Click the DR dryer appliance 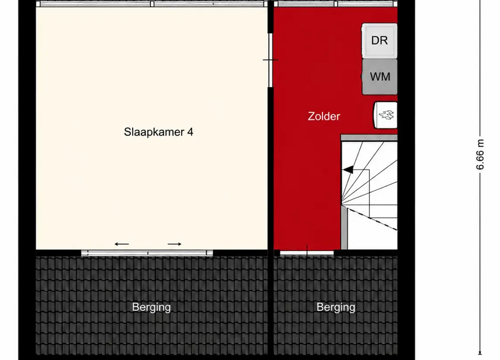[x=379, y=41]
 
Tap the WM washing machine [x=379, y=77]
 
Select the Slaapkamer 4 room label [x=159, y=132]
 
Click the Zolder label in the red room [x=324, y=116]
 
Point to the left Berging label [x=152, y=307]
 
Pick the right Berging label [x=336, y=307]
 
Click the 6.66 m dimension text [x=480, y=154]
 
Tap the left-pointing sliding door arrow [x=122, y=244]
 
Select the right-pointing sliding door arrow [x=174, y=244]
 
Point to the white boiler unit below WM [x=385, y=115]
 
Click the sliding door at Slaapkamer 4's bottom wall [x=147, y=253]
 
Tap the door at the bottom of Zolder [x=307, y=253]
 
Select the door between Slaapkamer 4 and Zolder [x=270, y=60]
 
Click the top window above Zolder [x=336, y=4]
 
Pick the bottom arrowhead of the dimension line [x=480, y=353]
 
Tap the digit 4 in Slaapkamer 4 [x=190, y=132]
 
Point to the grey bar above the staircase [x=369, y=138]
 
